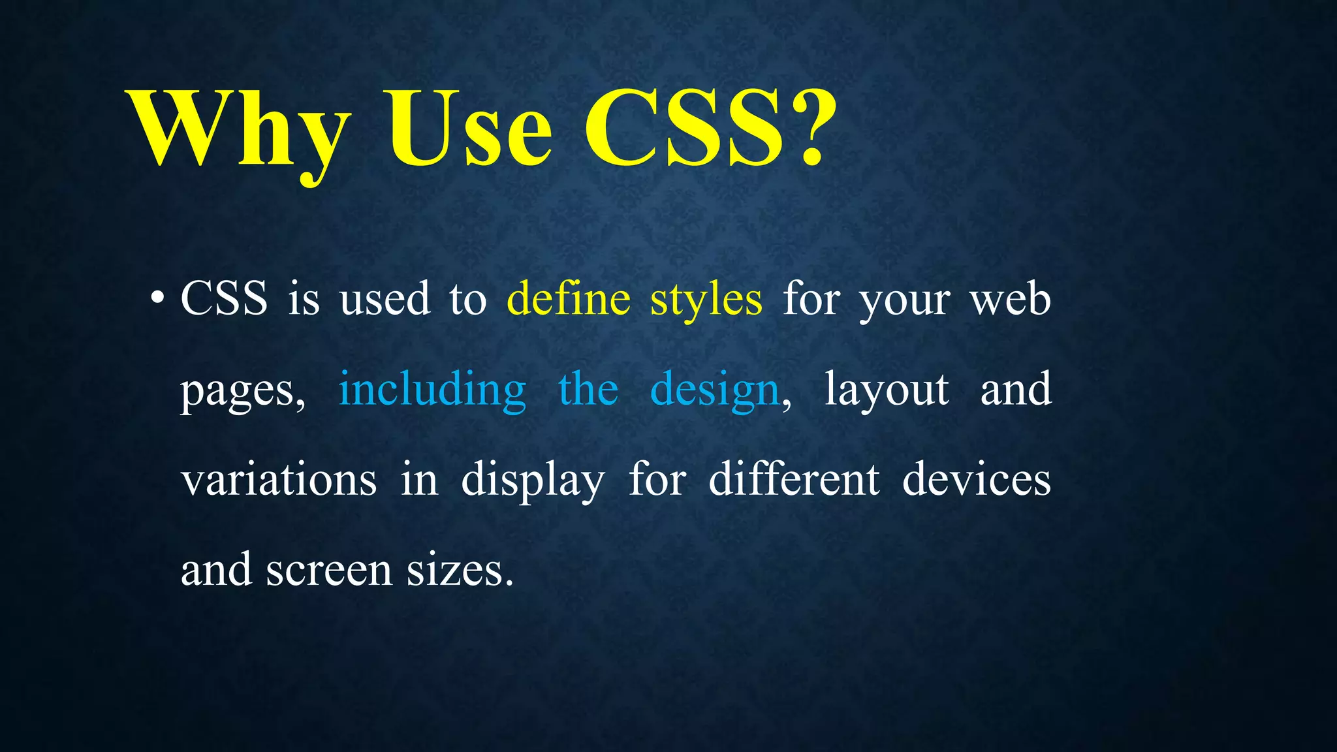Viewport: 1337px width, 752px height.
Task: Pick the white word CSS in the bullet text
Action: [224, 299]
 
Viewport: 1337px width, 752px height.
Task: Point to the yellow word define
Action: [569, 299]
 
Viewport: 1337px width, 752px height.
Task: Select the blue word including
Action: [432, 390]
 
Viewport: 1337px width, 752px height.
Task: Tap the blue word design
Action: [715, 390]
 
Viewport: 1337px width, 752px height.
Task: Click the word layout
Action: [887, 390]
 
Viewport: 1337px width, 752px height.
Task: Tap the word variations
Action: [279, 479]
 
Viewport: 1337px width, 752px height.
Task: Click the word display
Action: [533, 480]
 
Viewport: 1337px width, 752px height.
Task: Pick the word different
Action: [794, 479]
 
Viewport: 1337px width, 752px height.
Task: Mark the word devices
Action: [976, 479]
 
